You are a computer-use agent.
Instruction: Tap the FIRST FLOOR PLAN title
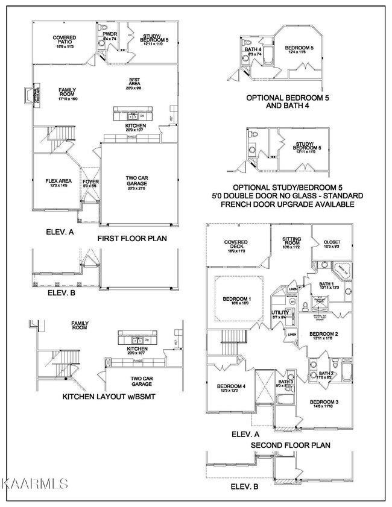coord(131,239)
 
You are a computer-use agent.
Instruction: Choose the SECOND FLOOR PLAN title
coord(290,446)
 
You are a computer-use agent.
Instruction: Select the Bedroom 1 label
coord(237,301)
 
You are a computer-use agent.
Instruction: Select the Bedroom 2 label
coord(324,336)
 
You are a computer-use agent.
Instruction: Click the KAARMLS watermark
coord(34,483)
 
